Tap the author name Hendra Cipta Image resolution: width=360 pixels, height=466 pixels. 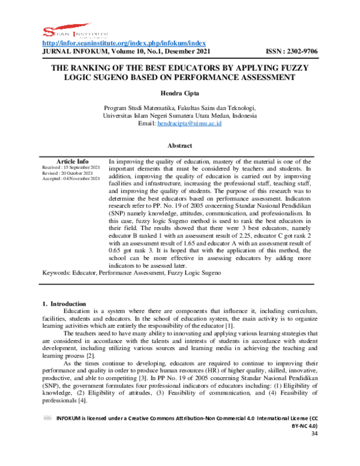(179, 93)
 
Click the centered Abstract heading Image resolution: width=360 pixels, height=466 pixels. (179, 145)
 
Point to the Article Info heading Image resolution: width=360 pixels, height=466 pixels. (72, 162)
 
